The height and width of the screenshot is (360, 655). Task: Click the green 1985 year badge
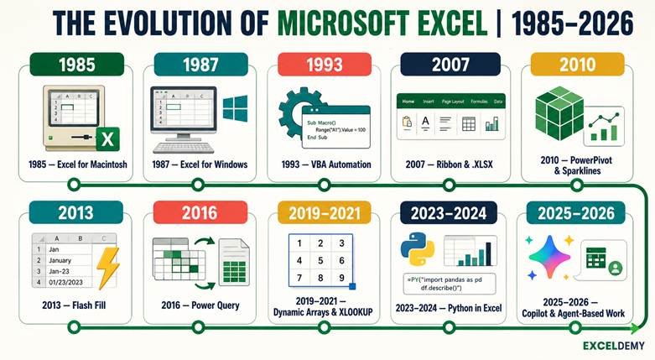pyautogui.click(x=77, y=65)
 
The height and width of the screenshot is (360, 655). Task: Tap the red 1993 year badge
pyautogui.click(x=325, y=65)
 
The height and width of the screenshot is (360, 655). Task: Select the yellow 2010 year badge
pyautogui.click(x=577, y=65)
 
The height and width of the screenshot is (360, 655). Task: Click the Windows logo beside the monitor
pyautogui.click(x=235, y=108)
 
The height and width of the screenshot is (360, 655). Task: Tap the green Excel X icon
pyautogui.click(x=108, y=139)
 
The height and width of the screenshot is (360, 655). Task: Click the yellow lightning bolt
pyautogui.click(x=108, y=268)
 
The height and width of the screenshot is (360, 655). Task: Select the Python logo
pyautogui.click(x=418, y=249)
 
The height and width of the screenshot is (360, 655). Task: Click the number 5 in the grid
pyautogui.click(x=320, y=260)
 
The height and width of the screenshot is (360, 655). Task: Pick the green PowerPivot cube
pyautogui.click(x=559, y=113)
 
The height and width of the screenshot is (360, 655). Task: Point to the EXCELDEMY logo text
pyautogui.click(x=614, y=346)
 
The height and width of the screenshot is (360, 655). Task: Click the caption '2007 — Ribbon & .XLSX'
pyautogui.click(x=449, y=164)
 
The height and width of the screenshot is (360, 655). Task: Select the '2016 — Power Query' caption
pyautogui.click(x=200, y=305)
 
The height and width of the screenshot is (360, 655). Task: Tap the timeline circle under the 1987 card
pyautogui.click(x=198, y=184)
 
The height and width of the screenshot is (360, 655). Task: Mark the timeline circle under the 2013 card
pyautogui.click(x=74, y=327)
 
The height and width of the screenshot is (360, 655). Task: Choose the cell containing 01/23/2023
pyautogui.click(x=66, y=282)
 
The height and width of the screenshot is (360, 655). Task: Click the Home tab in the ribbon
pyautogui.click(x=408, y=102)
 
